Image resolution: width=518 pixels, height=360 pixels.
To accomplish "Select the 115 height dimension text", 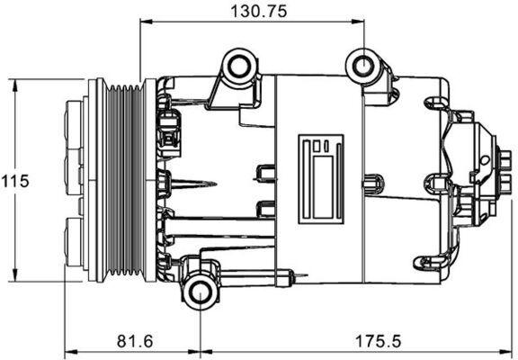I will click(15, 180).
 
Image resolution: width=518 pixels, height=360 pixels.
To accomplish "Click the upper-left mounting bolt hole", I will click(239, 66).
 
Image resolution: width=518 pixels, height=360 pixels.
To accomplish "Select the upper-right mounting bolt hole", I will click(363, 66).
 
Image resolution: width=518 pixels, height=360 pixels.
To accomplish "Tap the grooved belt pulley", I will click(121, 180).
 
